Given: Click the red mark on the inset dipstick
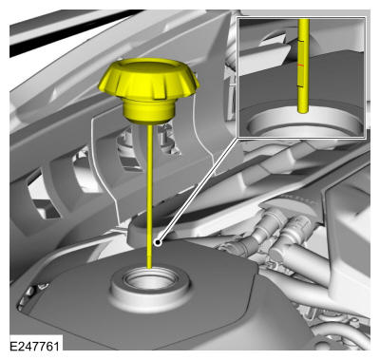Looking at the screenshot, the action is (x=301, y=65).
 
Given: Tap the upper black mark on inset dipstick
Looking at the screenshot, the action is (x=301, y=41).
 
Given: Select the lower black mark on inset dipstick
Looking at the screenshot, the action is (x=301, y=86).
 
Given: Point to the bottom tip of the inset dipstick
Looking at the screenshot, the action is (x=303, y=112).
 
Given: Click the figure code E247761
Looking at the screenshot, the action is (x=34, y=346).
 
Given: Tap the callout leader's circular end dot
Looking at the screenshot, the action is (x=157, y=243).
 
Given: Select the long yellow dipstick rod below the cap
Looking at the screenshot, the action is (x=149, y=197).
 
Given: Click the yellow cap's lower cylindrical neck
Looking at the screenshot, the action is (x=149, y=112).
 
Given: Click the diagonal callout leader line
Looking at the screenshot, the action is (x=198, y=190).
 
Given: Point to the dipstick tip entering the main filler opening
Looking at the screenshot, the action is (x=149, y=268).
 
